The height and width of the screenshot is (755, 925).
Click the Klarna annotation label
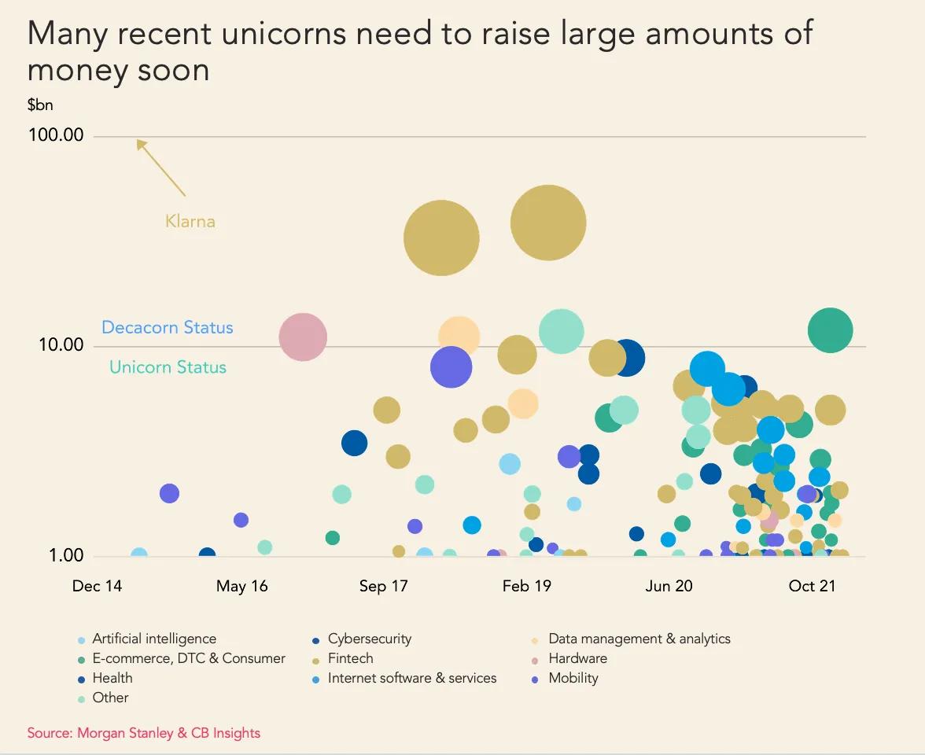(190, 221)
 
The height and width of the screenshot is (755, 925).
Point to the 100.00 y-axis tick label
(56, 135)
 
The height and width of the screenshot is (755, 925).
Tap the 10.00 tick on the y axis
(61, 345)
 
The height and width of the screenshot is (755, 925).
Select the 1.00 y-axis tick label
(66, 555)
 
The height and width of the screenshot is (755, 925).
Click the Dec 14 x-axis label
(97, 586)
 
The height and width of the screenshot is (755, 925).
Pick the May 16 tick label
(241, 586)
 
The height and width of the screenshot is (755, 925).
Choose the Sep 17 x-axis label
(383, 586)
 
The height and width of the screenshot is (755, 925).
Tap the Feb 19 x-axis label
(526, 586)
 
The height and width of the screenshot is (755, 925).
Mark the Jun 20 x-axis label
(669, 586)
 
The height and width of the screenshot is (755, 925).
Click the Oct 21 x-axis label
(812, 586)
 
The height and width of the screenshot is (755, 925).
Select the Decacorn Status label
(168, 327)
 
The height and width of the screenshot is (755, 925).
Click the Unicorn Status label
(168, 366)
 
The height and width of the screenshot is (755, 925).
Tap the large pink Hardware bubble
(303, 337)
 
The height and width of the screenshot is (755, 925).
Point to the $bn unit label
(40, 105)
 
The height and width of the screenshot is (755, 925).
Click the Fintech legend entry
(350, 658)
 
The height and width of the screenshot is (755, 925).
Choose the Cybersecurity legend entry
(369, 639)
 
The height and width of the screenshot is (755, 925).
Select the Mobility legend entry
(573, 678)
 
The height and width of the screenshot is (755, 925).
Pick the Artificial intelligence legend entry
(153, 639)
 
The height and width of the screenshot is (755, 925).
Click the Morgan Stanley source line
(144, 733)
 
